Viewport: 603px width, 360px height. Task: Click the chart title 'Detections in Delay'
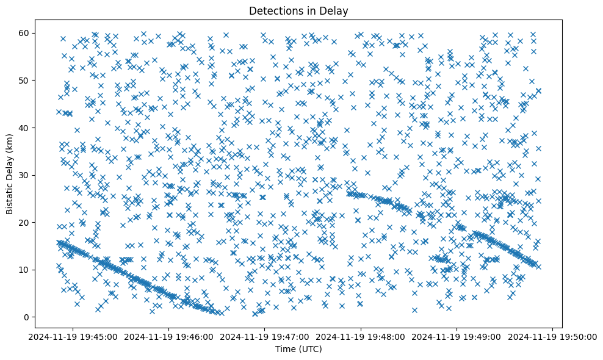(298, 10)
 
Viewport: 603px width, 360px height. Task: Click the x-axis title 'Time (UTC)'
(298, 349)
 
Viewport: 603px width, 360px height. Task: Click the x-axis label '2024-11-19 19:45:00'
(73, 336)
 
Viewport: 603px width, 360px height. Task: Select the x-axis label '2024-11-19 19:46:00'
(169, 336)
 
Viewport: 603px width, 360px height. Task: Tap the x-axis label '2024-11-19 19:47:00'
(265, 336)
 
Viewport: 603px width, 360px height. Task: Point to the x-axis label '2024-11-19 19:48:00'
(361, 336)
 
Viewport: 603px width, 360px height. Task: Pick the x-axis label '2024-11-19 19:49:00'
(457, 336)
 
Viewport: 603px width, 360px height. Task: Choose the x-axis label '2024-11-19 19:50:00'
(552, 336)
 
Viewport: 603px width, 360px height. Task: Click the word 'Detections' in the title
(272, 10)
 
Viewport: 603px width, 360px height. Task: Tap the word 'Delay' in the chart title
(335, 10)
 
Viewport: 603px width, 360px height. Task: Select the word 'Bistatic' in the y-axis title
(10, 195)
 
